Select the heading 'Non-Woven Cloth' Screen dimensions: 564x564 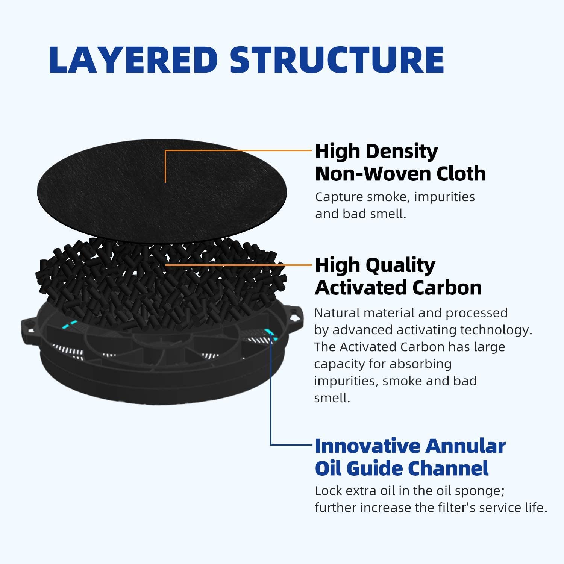[400, 174]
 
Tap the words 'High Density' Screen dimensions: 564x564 [376, 152]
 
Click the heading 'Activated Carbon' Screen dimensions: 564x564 [399, 288]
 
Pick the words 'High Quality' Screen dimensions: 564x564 [375, 265]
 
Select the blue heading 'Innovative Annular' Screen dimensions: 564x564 [410, 446]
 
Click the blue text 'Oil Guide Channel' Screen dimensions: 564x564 [402, 468]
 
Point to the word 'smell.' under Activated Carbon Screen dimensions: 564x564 [332, 398]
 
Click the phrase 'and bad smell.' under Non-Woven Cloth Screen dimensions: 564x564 [361, 214]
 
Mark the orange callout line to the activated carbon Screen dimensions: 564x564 [238, 265]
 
